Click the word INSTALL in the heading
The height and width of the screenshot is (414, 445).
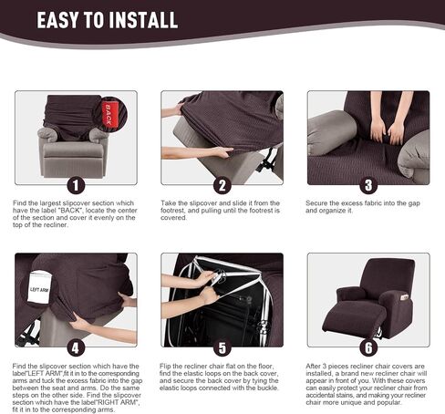tap(143, 20)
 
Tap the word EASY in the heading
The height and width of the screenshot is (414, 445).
tap(57, 20)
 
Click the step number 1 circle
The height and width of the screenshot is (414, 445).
tap(76, 185)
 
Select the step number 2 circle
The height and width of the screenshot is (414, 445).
tap(222, 185)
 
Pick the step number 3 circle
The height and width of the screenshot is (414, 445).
tap(368, 185)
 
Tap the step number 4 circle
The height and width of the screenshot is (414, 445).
tap(76, 347)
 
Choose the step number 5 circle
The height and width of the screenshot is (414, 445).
tap(222, 347)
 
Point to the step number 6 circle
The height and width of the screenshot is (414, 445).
tap(368, 347)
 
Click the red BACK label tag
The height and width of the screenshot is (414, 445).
tap(109, 114)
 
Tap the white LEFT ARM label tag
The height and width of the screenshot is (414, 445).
tap(38, 288)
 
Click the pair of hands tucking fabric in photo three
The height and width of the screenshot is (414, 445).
tap(386, 130)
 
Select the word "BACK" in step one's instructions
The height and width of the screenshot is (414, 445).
tap(70, 211)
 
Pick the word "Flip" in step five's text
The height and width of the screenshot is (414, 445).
tap(165, 366)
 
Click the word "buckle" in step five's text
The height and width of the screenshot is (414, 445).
tap(269, 388)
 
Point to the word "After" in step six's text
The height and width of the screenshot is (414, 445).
tap(313, 366)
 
